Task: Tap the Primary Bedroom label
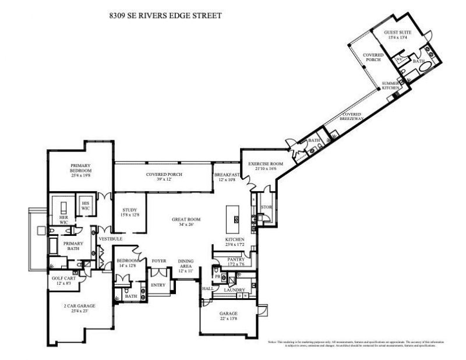pyautogui.click(x=82, y=168)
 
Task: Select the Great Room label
pyautogui.click(x=186, y=220)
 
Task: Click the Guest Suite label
pyautogui.click(x=398, y=33)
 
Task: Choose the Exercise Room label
pyautogui.click(x=265, y=164)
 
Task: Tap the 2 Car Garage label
pyautogui.click(x=79, y=305)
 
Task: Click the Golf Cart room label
pyautogui.click(x=65, y=280)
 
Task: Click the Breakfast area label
pyautogui.click(x=227, y=175)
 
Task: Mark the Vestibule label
pyautogui.click(x=110, y=239)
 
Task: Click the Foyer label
pyautogui.click(x=159, y=260)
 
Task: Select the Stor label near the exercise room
pyautogui.click(x=267, y=206)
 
